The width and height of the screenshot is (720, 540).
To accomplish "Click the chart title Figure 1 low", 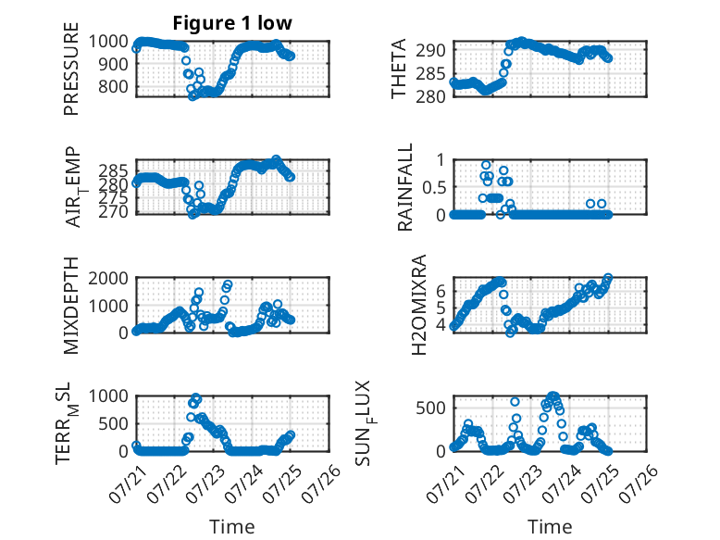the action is (232, 23).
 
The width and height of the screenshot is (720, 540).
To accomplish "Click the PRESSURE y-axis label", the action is (71, 69).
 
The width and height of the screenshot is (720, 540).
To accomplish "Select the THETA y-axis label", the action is (399, 69).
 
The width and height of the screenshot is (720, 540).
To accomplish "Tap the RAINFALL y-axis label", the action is (405, 187).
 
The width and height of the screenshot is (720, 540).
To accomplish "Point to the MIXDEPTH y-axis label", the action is (71, 306).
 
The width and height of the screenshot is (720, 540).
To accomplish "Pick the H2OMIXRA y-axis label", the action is (419, 305).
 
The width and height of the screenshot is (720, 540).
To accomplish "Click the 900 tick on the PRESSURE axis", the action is (113, 64).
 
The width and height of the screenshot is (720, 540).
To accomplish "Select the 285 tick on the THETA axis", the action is (430, 73).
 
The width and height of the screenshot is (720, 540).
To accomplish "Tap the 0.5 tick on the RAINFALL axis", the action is (433, 187).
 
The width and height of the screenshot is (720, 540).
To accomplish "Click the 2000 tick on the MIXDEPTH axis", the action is (108, 278).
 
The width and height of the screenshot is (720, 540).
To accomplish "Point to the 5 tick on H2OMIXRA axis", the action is (441, 308).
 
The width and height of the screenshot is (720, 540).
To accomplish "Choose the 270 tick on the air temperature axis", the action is (113, 212).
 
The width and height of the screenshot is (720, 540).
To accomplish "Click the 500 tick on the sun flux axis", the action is (430, 408).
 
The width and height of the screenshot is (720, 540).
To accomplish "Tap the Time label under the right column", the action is (550, 526).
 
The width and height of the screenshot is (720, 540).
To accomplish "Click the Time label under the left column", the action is (232, 526).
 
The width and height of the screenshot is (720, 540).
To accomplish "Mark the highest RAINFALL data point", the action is (486, 165).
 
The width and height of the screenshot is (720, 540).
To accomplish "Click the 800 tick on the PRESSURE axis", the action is (113, 86).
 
